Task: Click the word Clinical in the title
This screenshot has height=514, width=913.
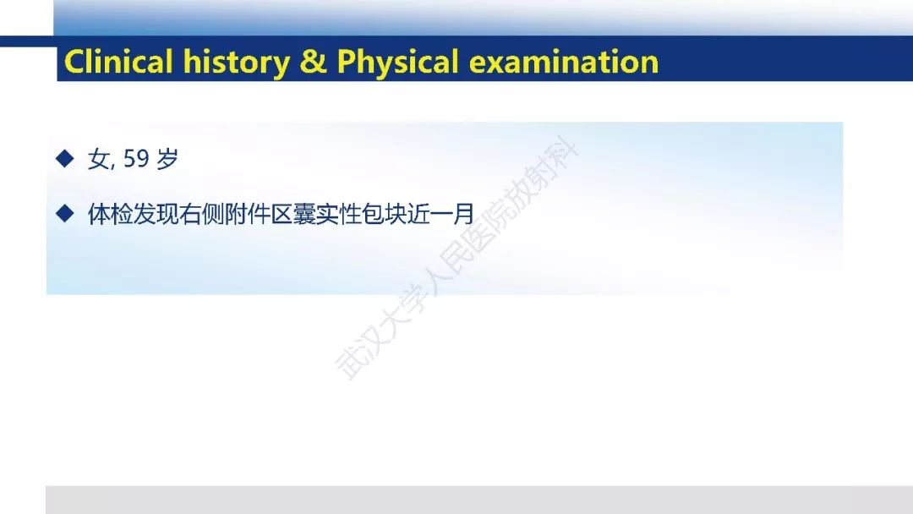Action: [119, 61]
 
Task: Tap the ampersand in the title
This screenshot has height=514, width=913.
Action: [314, 62]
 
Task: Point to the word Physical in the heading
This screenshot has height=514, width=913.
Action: [397, 63]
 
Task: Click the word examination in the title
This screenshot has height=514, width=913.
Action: [564, 62]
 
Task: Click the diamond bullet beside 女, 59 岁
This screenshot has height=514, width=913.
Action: [64, 158]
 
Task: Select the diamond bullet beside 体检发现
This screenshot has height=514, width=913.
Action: [64, 214]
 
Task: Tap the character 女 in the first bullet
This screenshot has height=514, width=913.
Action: [98, 159]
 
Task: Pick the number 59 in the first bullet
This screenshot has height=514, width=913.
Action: [136, 159]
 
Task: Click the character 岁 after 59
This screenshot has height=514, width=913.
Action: [167, 159]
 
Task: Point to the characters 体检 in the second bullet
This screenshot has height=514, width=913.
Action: [110, 214]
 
